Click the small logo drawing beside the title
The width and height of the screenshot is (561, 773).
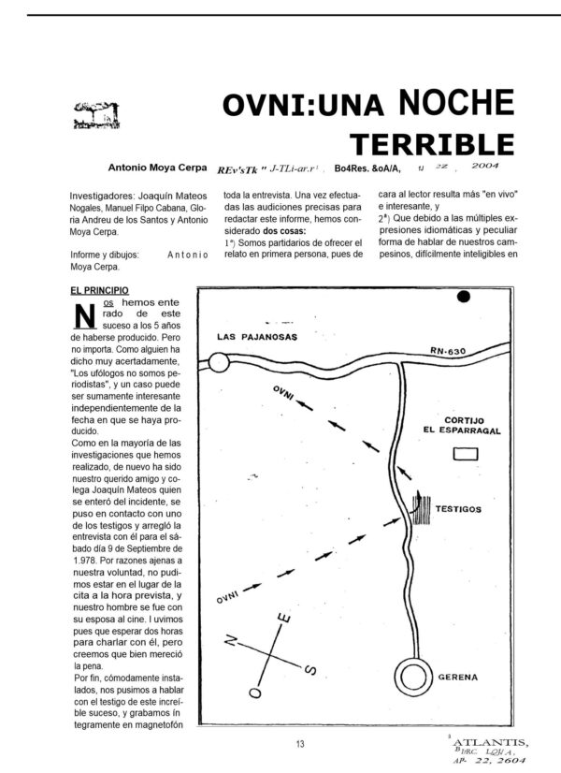click(x=94, y=116)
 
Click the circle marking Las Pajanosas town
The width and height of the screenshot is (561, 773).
click(x=219, y=362)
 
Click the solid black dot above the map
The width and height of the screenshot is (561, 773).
click(x=462, y=299)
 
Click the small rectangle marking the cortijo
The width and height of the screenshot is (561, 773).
click(x=466, y=454)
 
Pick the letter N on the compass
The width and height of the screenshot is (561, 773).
click(x=234, y=642)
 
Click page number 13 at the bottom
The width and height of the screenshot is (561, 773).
click(x=300, y=744)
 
